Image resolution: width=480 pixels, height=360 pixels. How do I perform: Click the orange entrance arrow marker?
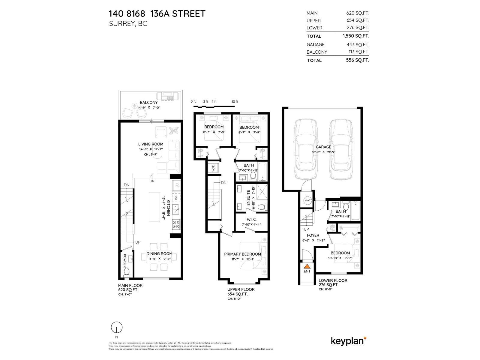point(307,266)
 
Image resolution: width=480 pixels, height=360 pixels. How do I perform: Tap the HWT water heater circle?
point(307,200)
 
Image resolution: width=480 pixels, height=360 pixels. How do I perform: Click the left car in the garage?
point(306,149)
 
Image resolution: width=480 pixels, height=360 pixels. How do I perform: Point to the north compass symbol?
point(117,327)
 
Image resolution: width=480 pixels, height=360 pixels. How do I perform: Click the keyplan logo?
point(348,341)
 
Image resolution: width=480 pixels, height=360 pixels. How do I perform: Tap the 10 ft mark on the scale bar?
point(235,102)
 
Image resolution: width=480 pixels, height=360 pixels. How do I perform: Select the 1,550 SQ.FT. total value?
point(356,36)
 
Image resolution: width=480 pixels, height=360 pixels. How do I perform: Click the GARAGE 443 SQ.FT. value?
point(358,44)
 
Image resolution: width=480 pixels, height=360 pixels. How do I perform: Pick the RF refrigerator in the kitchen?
point(177,186)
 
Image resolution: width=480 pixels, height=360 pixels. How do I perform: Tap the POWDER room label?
point(124,260)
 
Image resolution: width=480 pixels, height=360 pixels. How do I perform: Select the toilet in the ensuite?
point(262,207)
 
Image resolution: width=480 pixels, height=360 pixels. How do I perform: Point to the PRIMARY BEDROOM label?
point(242,254)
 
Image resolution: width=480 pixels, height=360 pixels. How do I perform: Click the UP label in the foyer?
point(306,229)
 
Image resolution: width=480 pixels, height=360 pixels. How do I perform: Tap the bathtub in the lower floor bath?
point(356,211)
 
